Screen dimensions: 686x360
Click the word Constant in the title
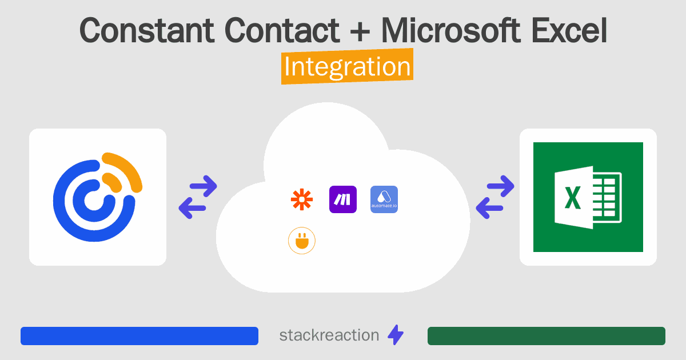coord(147,30)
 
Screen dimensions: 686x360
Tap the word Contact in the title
coord(282,30)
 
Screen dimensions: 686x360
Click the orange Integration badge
coord(348,66)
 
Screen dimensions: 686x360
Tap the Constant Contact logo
coord(98,197)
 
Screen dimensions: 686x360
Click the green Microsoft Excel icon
coord(588,197)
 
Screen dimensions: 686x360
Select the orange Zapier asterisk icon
coord(302,199)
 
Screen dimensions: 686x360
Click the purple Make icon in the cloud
coord(343,199)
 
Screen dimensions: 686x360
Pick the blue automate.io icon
coord(384,199)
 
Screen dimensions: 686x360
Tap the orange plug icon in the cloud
coord(302,241)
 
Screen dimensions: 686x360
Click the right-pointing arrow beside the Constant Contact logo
coord(204,186)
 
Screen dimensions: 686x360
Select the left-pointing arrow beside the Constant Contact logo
coord(192,208)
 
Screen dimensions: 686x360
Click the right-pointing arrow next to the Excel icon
coord(500,186)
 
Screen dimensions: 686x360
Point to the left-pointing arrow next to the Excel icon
coord(489,208)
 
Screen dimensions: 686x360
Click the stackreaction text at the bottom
coord(329,335)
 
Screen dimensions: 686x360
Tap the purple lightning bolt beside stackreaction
coord(396,335)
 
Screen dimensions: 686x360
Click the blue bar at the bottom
coord(139,336)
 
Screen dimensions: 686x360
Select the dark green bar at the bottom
coord(547,336)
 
